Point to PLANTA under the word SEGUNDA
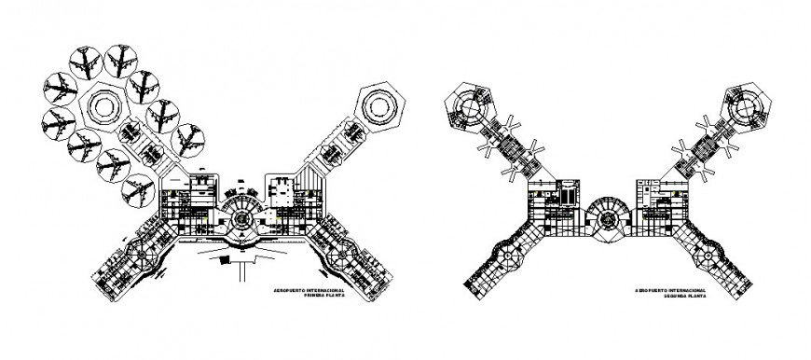(x=698, y=298)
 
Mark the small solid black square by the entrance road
(x=221, y=262)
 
